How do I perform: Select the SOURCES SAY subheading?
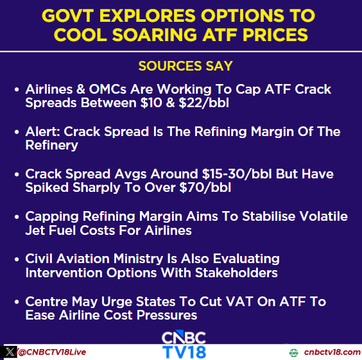(185, 66)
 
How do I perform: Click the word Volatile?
(323, 216)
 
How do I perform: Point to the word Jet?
(35, 230)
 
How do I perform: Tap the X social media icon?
(9, 352)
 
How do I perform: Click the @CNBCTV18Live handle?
(52, 352)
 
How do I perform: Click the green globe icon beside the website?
(294, 352)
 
